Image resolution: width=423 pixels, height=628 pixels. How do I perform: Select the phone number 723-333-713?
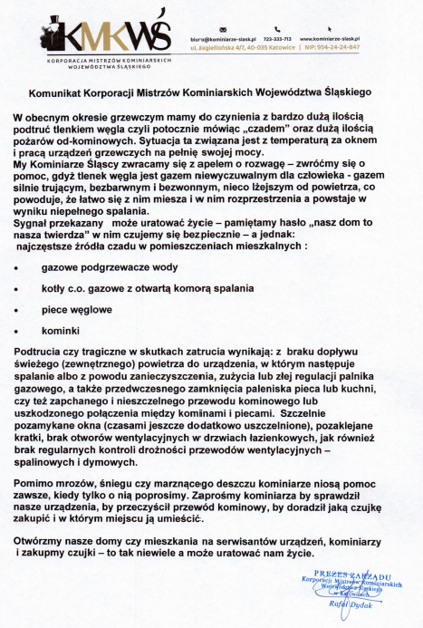pos(275,40)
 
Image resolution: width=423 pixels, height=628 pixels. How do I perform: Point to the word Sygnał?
pos(34,221)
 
